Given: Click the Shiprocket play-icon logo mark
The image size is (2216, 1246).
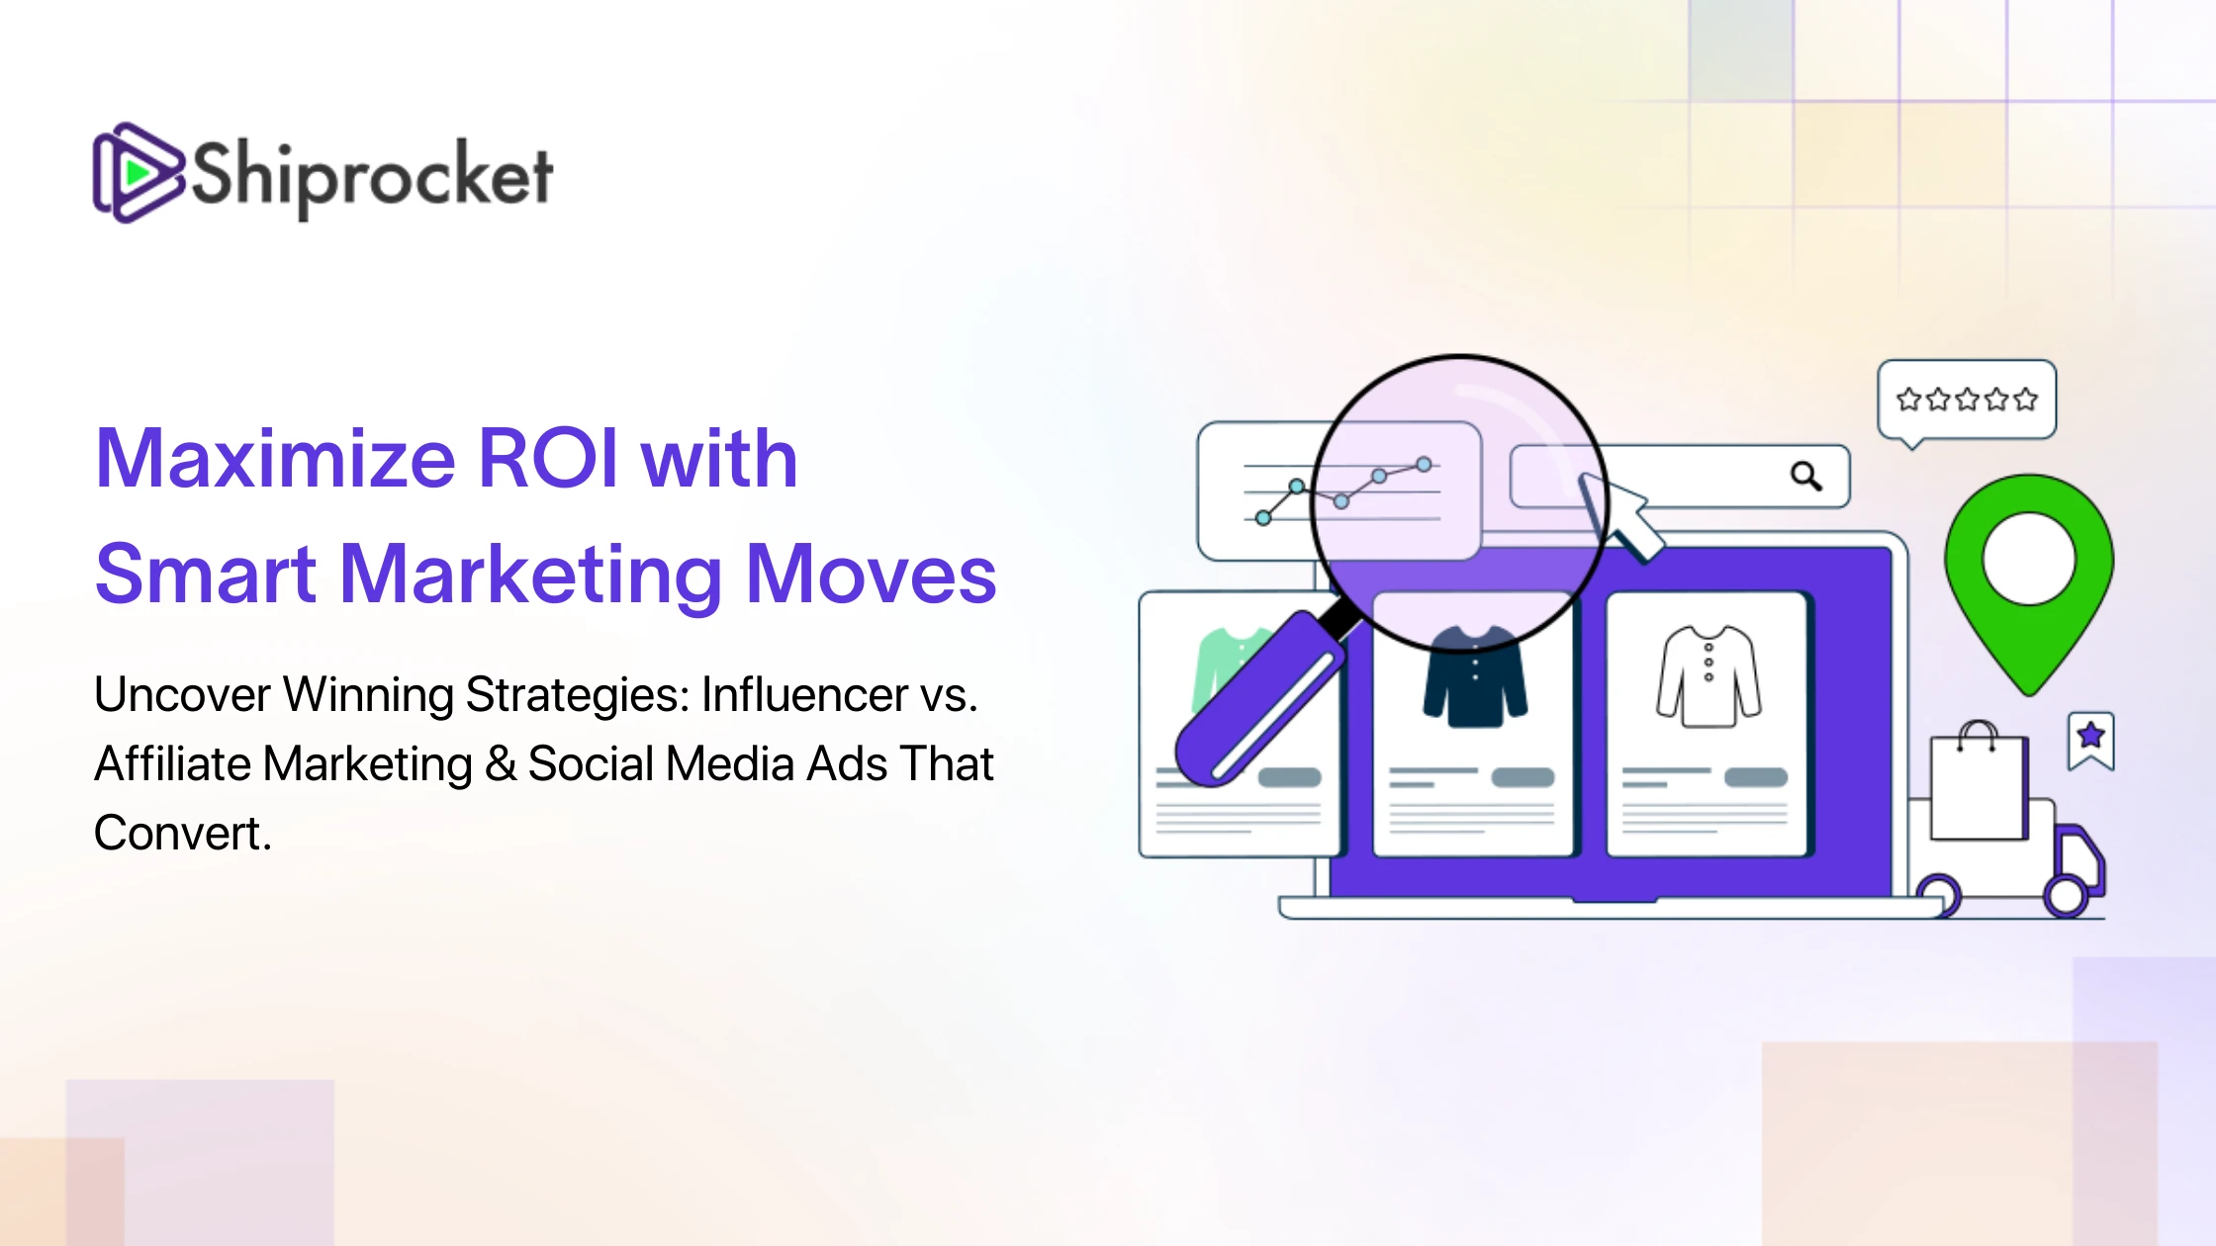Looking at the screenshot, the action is click(138, 173).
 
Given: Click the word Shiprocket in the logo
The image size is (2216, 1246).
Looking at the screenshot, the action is click(371, 177).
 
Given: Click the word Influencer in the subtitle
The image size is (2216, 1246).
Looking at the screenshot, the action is click(804, 694).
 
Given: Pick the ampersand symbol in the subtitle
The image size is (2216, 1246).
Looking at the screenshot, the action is click(501, 763).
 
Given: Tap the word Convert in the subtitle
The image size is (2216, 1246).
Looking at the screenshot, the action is click(182, 833).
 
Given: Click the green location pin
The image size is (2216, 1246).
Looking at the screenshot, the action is click(2029, 583).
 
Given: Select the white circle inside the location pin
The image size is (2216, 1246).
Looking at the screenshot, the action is click(2029, 559).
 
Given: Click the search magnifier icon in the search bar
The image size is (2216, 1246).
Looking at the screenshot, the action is click(1806, 477).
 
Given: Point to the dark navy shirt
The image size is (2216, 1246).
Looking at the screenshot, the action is click(1474, 676).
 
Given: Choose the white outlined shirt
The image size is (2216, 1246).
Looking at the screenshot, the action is click(1708, 676).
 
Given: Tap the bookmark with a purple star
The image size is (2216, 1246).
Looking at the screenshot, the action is click(2090, 740).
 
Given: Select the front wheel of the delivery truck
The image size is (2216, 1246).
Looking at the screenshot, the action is click(2067, 896).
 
